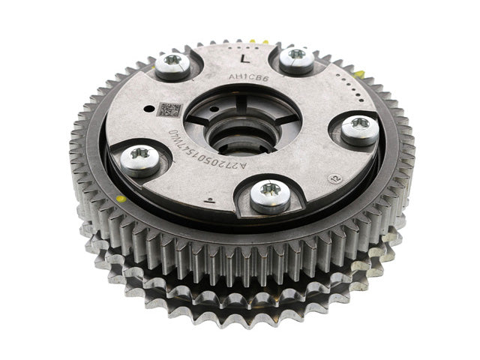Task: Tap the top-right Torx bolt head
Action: pos(296,58)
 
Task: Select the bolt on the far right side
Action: pos(360,128)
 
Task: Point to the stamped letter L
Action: pos(242,57)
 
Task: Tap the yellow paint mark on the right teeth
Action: pos(362,73)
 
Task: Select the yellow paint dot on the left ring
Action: pos(120,199)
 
